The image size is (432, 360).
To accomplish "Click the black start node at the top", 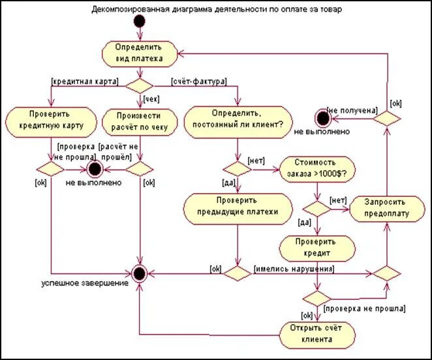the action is click(140, 22).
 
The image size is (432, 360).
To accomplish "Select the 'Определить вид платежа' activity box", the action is click(140, 54).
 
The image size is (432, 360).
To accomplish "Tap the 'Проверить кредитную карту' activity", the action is click(51, 122).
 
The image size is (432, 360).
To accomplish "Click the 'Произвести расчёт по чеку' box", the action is click(140, 122).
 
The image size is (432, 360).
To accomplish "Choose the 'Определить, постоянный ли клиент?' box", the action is click(238, 122).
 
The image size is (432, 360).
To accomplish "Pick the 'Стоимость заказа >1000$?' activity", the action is click(317, 170).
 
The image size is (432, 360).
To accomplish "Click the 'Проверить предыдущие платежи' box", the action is click(238, 209).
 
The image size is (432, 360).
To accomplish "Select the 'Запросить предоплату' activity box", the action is click(387, 209).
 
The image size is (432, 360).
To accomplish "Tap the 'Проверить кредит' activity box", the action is click(317, 248).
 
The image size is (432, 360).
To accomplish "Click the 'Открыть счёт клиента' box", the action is click(317, 335).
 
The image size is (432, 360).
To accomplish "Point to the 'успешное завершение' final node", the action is click(140, 273).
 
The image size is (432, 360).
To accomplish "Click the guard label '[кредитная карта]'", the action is click(85, 82).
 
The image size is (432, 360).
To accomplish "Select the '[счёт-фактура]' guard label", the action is click(199, 82).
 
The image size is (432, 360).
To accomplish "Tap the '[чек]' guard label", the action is click(151, 99).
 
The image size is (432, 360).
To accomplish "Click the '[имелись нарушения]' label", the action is click(294, 269).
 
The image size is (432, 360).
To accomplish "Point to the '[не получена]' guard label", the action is click(352, 110).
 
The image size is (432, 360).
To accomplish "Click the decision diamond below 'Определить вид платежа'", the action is click(140, 86).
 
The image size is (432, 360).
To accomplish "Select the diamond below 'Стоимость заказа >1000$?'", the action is click(317, 209).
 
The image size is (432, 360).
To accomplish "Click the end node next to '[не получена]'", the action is click(323, 118).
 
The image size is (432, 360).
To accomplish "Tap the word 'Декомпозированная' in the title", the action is click(130, 9).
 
